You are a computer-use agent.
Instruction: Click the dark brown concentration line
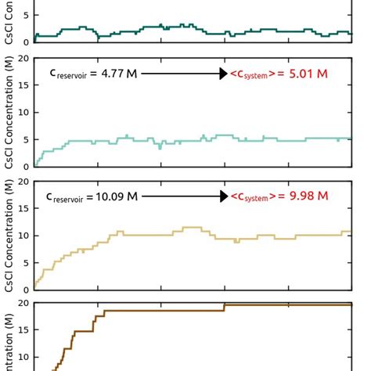pyautogui.click(x=157, y=311)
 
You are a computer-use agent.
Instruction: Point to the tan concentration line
pyautogui.click(x=157, y=234)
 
